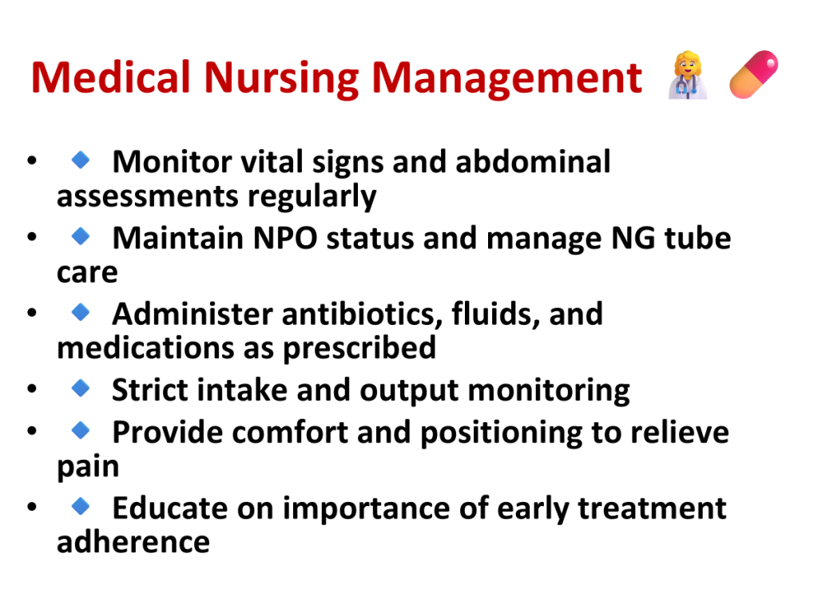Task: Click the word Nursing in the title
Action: click(x=281, y=78)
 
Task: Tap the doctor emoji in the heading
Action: click(x=688, y=74)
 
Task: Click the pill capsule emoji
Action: click(x=754, y=74)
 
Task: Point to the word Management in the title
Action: click(x=506, y=78)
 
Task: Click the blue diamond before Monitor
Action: click(x=81, y=160)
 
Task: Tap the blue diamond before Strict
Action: click(x=81, y=388)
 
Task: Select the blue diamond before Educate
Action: click(x=81, y=505)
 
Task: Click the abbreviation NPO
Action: click(x=285, y=238)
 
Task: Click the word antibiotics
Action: click(x=363, y=314)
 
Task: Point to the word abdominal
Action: click(x=533, y=161)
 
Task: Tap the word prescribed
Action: click(x=359, y=349)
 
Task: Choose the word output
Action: click(x=409, y=391)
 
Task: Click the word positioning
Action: click(x=501, y=433)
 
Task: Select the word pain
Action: click(x=88, y=466)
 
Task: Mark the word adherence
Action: click(x=133, y=542)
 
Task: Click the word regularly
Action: click(x=312, y=197)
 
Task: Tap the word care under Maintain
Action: click(x=87, y=273)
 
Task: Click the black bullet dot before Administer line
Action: click(x=32, y=313)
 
